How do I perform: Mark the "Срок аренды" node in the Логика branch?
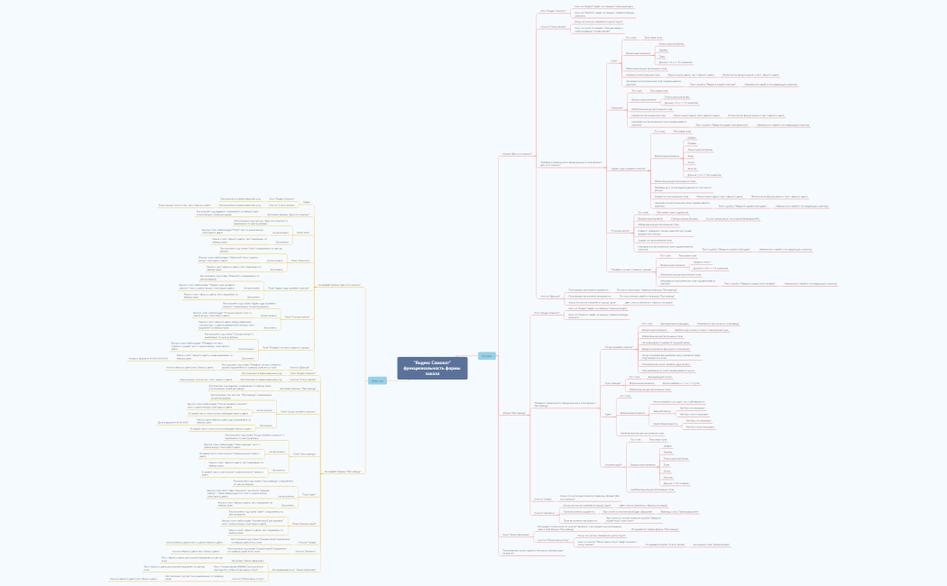click(x=612, y=383)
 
